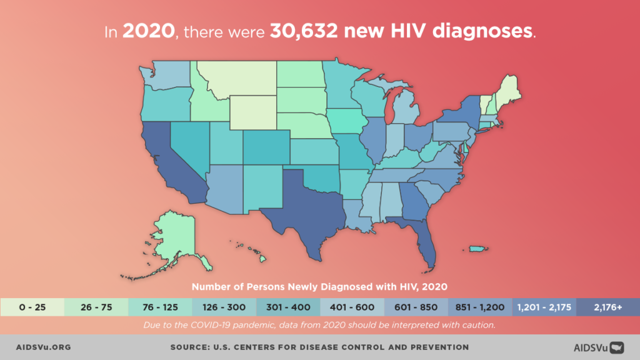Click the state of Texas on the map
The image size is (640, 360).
pyautogui.click(x=306, y=206)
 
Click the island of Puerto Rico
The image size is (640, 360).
pyautogui.click(x=477, y=249)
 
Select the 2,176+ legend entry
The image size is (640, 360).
pyautogui.click(x=607, y=307)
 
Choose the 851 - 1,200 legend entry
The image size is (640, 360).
pyautogui.click(x=480, y=307)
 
